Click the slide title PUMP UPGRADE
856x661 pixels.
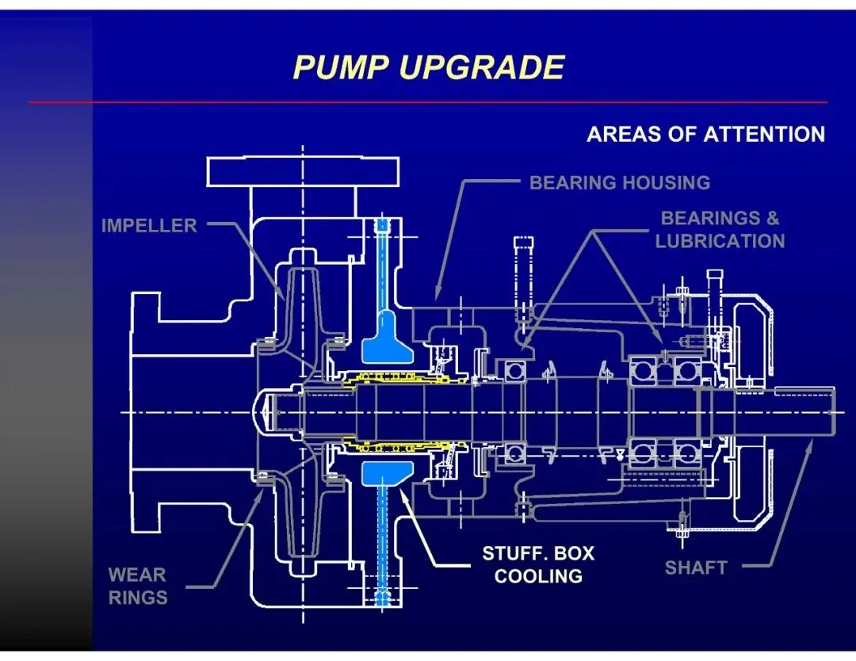[428, 67]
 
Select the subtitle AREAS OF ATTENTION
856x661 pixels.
[705, 134]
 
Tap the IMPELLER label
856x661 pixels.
[149, 226]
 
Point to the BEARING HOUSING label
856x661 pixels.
[620, 183]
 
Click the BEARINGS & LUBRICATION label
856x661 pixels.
[720, 229]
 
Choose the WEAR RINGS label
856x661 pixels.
[138, 586]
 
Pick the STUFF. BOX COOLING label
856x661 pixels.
[538, 564]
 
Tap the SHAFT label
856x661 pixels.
[696, 567]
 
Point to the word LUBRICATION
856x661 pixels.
[720, 241]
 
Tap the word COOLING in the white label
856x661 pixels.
[538, 576]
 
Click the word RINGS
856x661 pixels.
[138, 598]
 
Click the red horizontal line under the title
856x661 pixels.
[428, 102]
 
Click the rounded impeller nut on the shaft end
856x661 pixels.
[266, 413]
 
